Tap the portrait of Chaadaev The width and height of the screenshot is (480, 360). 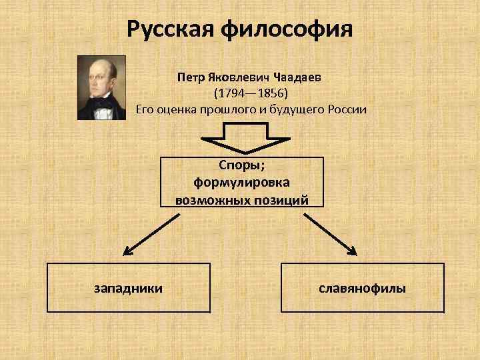[101, 87]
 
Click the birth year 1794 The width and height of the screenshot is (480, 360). [231, 93]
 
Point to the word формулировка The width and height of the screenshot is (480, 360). [241, 183]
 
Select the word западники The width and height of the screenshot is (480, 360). [129, 288]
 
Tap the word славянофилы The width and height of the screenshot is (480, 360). [363, 288]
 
